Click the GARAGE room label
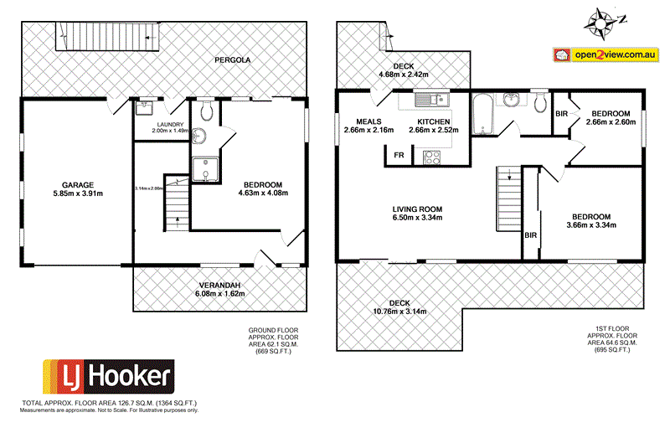[76, 184]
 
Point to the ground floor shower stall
[204, 170]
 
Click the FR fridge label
[399, 155]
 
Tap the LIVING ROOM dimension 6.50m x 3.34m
[416, 219]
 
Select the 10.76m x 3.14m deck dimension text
[399, 312]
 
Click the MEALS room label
[369, 121]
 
